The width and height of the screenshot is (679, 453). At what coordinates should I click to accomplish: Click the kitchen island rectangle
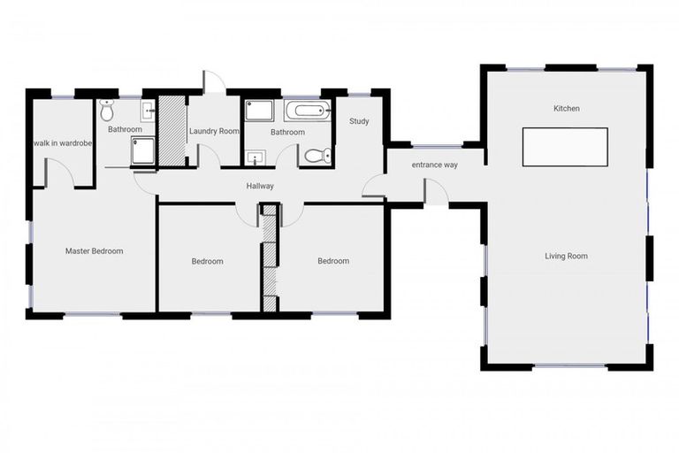(565, 147)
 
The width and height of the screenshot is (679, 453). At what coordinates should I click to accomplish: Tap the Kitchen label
(567, 109)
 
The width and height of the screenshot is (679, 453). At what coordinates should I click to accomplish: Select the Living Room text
(566, 257)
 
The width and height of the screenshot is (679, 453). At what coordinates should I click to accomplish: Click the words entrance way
(435, 165)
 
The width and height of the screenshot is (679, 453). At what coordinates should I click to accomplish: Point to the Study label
(359, 121)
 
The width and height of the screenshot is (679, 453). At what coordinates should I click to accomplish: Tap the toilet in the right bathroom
(314, 155)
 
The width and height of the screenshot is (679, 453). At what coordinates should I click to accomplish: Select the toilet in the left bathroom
(107, 111)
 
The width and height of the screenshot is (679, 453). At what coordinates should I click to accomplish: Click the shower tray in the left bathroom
(142, 152)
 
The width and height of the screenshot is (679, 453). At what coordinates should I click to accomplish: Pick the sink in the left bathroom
(148, 111)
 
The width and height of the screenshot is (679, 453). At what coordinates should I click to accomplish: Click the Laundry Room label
(214, 132)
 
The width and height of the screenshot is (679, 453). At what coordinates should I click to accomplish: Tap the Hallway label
(260, 186)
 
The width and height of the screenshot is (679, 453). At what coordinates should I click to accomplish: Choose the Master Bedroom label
(95, 250)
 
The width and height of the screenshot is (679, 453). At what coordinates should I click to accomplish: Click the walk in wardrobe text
(64, 142)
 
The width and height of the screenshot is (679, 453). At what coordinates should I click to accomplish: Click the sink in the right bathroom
(255, 158)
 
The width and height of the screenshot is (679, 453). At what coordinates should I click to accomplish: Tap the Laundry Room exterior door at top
(211, 81)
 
